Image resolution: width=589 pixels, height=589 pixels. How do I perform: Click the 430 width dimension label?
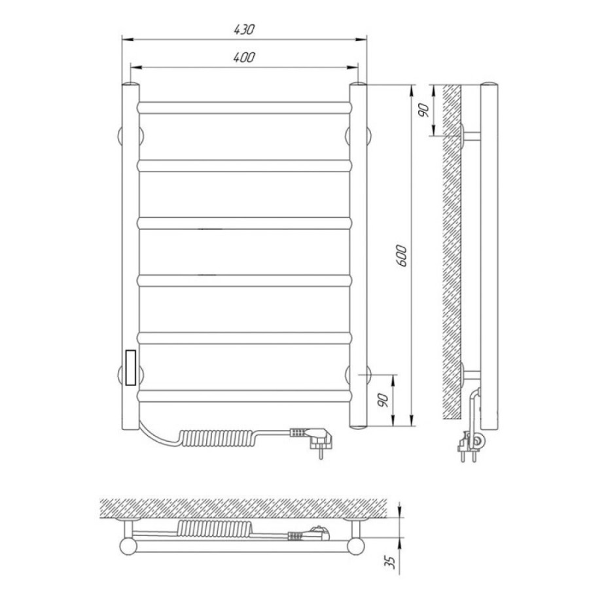coord(244,29)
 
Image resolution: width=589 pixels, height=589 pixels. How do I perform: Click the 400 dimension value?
coord(244,57)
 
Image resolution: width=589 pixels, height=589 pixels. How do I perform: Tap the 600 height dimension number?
coord(402,255)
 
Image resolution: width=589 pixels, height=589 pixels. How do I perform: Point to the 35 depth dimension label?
coord(391,562)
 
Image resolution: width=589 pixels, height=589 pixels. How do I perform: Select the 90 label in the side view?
coord(423,110)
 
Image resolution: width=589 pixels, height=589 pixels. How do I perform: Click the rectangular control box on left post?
coord(131,368)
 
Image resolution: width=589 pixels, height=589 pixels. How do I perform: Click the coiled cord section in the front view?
coord(217,437)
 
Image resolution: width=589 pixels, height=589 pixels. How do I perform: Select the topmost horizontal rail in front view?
coord(245,108)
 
